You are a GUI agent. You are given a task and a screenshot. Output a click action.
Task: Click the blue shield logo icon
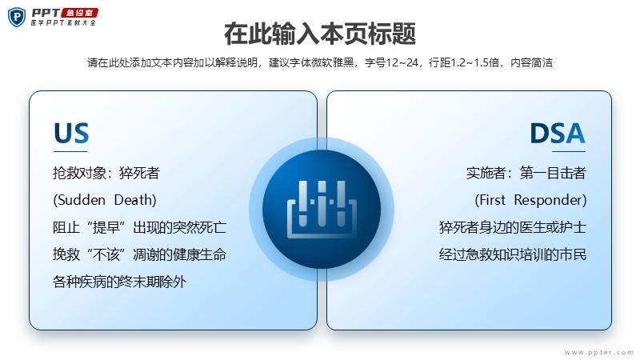tap(17, 17)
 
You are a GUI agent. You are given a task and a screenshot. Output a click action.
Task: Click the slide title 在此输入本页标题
tap(320, 34)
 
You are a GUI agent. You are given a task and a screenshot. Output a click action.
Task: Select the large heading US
tap(71, 133)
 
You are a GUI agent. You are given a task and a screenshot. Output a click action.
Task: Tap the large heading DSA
tap(557, 133)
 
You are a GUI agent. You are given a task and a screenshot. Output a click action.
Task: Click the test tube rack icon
tap(322, 209)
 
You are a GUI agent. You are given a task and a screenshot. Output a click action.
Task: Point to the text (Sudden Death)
tap(105, 200)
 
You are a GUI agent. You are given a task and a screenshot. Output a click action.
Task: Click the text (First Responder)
tap(530, 200)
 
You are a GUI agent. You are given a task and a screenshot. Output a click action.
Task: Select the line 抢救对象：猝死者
tap(106, 173)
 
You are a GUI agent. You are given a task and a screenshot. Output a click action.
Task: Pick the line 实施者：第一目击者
tap(526, 173)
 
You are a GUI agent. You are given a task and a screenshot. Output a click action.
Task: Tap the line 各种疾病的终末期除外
tap(119, 282)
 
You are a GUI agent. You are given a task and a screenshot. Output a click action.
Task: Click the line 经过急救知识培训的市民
tap(513, 254)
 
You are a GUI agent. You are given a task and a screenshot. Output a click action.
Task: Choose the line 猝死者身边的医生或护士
tap(513, 227)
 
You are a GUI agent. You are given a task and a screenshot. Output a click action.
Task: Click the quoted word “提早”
tap(106, 227)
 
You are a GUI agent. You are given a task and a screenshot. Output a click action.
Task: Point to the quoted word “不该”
tap(106, 254)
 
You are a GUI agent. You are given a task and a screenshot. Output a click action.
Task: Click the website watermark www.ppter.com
tap(598, 352)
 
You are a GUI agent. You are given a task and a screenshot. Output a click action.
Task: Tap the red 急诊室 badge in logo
tap(79, 13)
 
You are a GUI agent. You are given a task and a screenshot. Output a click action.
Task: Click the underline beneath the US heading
tap(70, 151)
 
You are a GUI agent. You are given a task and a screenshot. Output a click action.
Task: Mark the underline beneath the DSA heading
tap(569, 151)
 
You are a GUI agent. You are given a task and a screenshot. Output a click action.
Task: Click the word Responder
tap(550, 200)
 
